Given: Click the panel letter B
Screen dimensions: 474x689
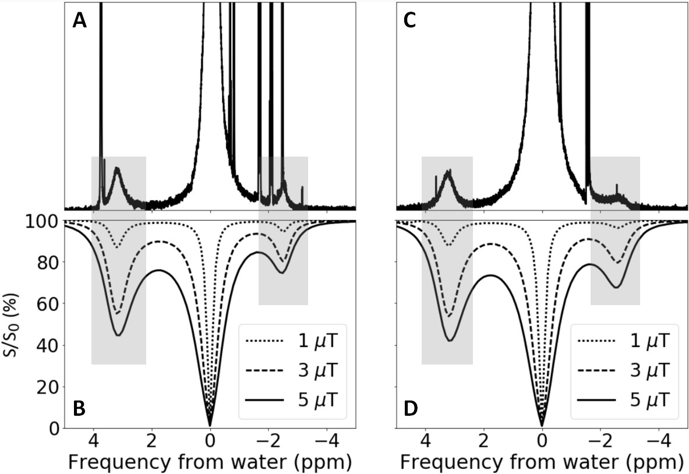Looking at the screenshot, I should click(x=80, y=408).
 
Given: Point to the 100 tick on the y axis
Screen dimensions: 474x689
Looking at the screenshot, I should click(x=43, y=222).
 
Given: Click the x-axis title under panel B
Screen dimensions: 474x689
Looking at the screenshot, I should click(x=210, y=462).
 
